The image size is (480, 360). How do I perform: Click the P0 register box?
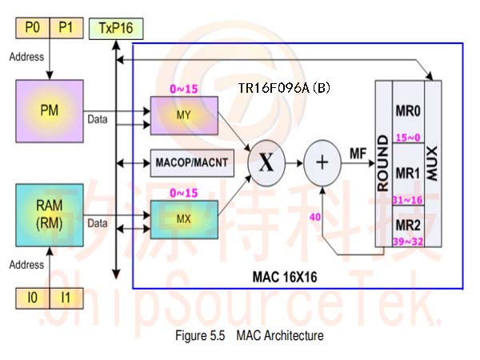(33, 28)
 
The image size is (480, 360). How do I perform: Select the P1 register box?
(66, 28)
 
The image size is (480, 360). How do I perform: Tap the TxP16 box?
(116, 29)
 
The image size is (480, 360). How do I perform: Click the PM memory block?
(50, 111)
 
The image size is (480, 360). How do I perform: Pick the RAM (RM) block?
(50, 215)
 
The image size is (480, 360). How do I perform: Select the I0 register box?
(33, 298)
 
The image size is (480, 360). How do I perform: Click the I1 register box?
(66, 298)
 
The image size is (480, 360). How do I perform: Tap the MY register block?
(184, 115)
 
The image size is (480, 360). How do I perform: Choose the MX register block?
(184, 219)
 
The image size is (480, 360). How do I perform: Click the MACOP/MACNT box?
(192, 163)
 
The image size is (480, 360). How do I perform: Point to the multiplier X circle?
(266, 163)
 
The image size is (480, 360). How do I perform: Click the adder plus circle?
(322, 163)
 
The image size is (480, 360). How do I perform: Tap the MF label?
(358, 154)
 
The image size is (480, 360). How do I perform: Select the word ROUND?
(383, 163)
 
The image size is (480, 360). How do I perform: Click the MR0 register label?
(408, 111)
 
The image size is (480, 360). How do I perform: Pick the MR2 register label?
(408, 226)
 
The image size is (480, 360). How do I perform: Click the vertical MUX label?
(433, 163)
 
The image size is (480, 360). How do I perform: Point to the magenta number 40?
(315, 217)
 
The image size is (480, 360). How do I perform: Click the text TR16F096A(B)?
(284, 88)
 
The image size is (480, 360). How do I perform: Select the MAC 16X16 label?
(285, 277)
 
